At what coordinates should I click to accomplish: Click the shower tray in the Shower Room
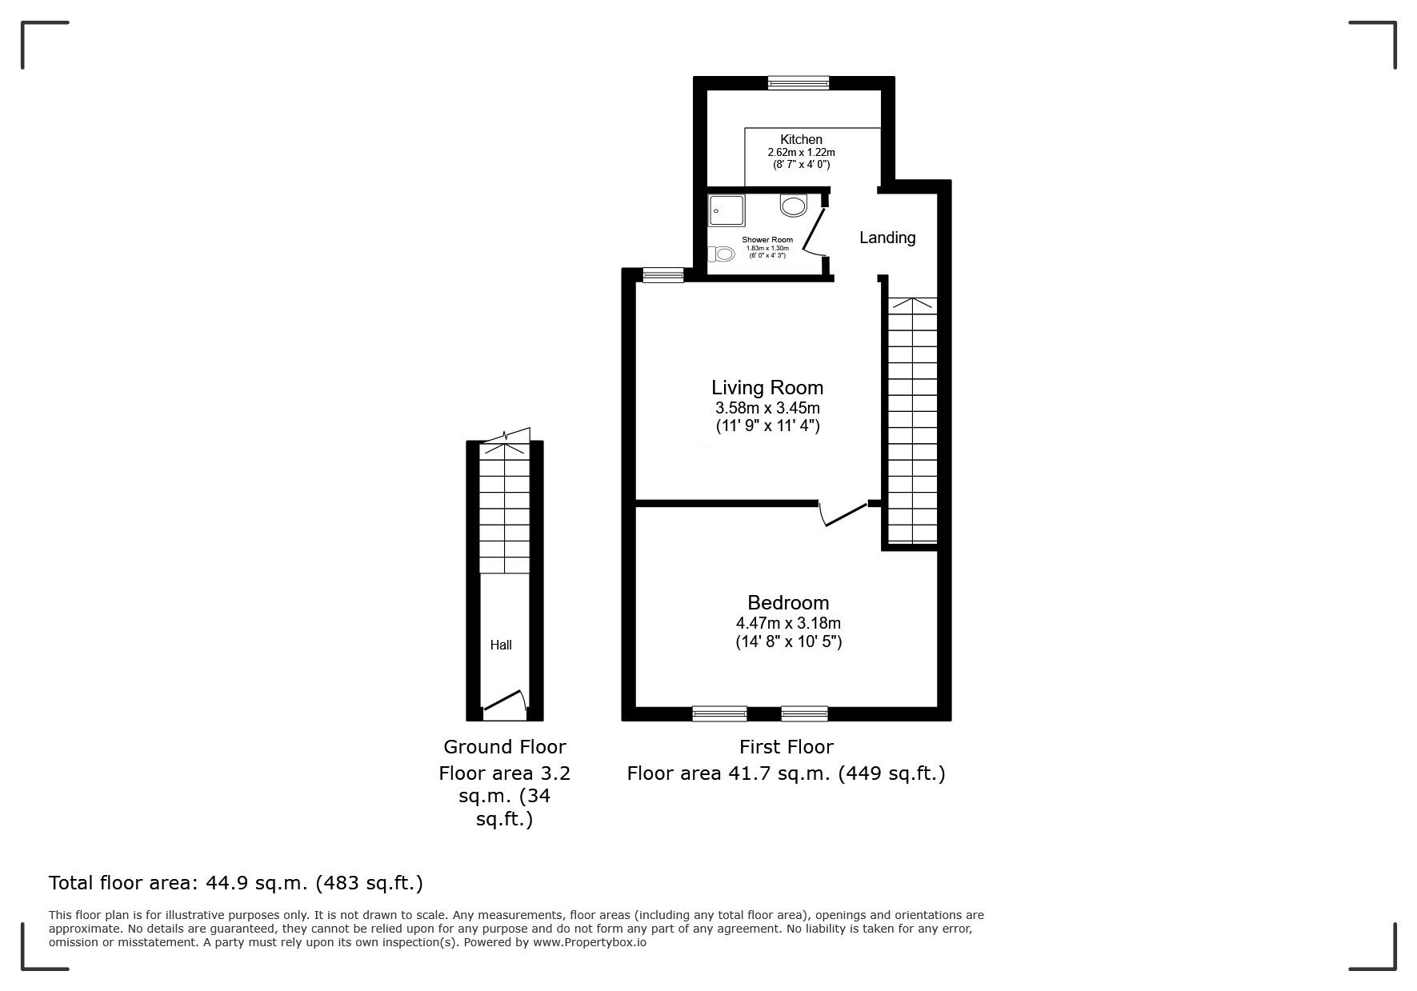pyautogui.click(x=727, y=210)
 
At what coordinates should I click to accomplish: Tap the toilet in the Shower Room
pyautogui.click(x=723, y=254)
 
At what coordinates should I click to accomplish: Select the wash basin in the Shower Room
pyautogui.click(x=793, y=206)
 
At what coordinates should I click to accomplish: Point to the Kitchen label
pyautogui.click(x=801, y=139)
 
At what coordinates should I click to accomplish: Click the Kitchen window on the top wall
pyautogui.click(x=799, y=82)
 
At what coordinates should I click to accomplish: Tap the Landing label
pyautogui.click(x=887, y=238)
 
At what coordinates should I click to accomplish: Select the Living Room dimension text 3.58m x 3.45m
pyautogui.click(x=767, y=408)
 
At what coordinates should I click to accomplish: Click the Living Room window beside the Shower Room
pyautogui.click(x=663, y=275)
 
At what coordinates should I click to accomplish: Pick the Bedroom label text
pyautogui.click(x=788, y=602)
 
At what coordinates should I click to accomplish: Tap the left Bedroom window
pyautogui.click(x=719, y=713)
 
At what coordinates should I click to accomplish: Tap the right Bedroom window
pyautogui.click(x=804, y=713)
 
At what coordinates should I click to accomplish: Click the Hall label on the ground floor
pyautogui.click(x=501, y=645)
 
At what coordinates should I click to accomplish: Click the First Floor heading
pyautogui.click(x=786, y=747)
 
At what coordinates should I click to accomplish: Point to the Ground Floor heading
pyautogui.click(x=504, y=747)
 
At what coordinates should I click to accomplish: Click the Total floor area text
pyautogui.click(x=236, y=883)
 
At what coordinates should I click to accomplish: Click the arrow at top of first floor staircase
pyautogui.click(x=912, y=304)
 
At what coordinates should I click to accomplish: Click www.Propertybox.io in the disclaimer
pyautogui.click(x=590, y=942)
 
